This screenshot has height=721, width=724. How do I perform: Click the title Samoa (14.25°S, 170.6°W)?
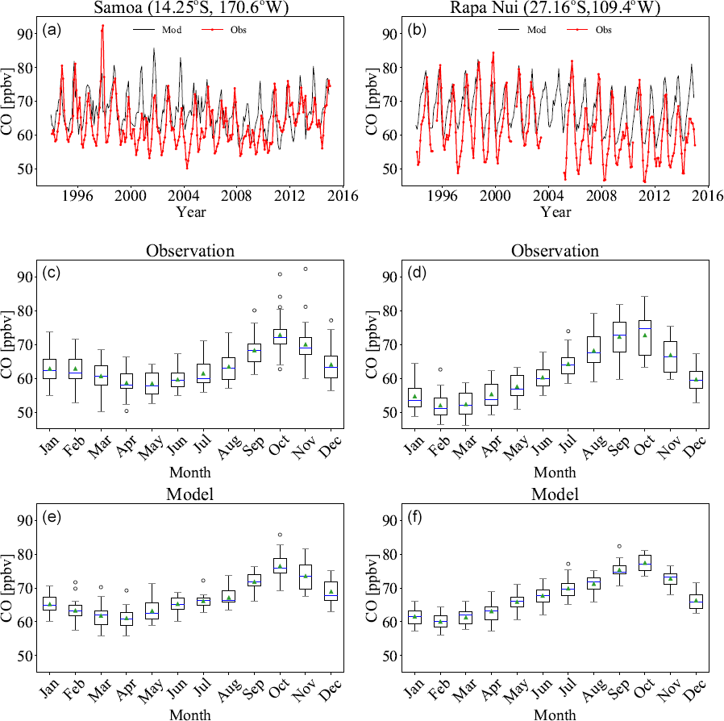coord(190,8)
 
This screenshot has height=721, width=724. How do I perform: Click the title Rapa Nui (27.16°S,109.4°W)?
coord(555,8)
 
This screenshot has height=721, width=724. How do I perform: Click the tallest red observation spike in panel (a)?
coord(102,26)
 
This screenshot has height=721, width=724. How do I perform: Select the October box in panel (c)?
coord(280,336)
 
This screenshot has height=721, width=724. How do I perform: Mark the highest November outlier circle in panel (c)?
coord(306,269)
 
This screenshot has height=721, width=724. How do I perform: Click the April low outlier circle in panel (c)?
coord(126,411)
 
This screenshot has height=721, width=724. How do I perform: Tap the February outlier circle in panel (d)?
coord(440,369)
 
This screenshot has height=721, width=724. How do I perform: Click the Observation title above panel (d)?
coord(555,251)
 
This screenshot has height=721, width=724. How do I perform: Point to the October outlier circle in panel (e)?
coord(280,534)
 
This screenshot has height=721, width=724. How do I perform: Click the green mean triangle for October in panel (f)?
coord(645,562)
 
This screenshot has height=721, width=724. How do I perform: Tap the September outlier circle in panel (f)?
coord(620,546)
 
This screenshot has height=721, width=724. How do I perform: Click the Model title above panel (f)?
coord(555,494)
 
